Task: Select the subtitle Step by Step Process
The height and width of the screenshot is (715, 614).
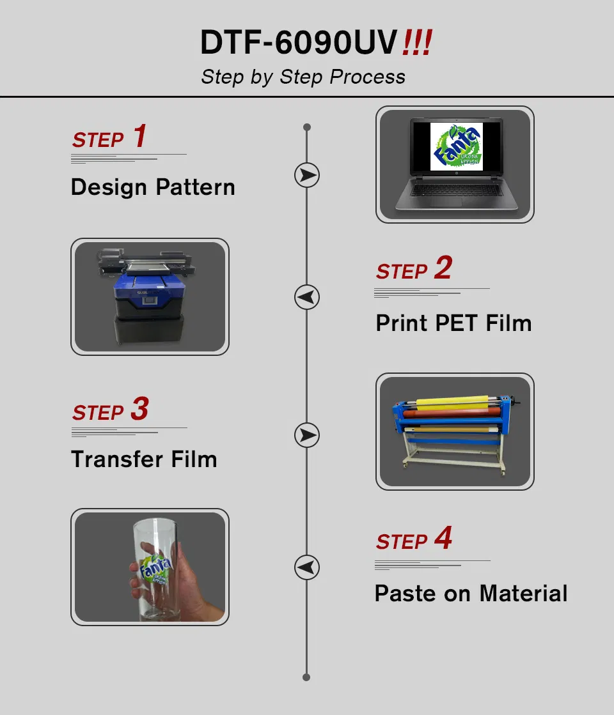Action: point(303,77)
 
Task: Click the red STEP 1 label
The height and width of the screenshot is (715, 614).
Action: point(109,138)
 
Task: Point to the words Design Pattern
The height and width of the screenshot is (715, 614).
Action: point(153,187)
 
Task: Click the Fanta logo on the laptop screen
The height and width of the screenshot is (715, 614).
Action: point(456,148)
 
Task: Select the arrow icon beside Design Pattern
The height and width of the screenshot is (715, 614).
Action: point(307,175)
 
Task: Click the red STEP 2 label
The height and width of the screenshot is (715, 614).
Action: point(414,270)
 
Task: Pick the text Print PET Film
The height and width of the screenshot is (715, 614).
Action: point(453,323)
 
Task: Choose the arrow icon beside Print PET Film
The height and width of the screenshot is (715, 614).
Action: point(307,297)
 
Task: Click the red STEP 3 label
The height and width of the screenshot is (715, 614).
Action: point(110,411)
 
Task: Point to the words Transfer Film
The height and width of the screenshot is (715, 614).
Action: point(144,459)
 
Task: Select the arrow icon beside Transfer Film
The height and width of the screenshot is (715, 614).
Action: point(307,435)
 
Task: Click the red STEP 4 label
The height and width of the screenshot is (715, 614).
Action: point(414,540)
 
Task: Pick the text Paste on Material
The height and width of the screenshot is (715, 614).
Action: point(471,594)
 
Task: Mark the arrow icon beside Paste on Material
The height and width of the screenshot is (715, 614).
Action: point(307,567)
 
